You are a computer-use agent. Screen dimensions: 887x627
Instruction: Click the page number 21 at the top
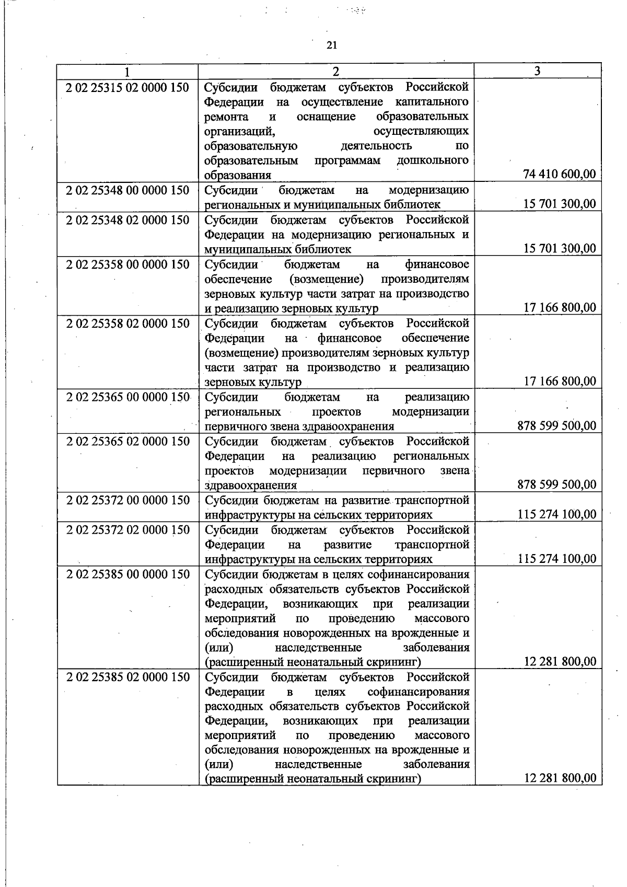[x=332, y=45]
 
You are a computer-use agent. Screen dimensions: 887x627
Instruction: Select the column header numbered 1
[x=127, y=72]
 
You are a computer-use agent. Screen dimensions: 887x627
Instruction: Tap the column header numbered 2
[x=336, y=72]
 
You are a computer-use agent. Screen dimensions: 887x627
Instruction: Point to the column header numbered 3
[x=537, y=71]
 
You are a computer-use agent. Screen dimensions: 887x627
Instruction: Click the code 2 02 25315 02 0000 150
[x=127, y=87]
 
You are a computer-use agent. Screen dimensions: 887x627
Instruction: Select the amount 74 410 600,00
[x=560, y=175]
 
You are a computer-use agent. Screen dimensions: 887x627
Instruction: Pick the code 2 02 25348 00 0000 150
[x=127, y=190]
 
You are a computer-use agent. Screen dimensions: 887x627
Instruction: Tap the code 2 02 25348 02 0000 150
[x=127, y=220]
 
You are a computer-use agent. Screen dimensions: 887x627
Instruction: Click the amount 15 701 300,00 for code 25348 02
[x=560, y=248]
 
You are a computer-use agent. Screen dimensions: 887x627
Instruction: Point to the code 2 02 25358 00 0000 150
[x=127, y=264]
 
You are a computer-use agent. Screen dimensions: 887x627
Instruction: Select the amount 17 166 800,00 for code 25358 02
[x=560, y=382]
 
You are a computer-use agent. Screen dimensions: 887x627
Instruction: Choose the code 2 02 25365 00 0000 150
[x=127, y=397]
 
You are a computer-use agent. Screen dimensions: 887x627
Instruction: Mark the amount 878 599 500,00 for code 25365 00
[x=556, y=426]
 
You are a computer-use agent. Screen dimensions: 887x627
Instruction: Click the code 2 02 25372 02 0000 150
[x=127, y=530]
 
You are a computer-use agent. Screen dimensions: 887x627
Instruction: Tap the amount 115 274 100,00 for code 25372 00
[x=556, y=515]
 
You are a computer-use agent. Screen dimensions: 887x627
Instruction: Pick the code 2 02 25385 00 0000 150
[x=127, y=574]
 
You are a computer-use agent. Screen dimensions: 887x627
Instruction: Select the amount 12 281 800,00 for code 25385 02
[x=560, y=778]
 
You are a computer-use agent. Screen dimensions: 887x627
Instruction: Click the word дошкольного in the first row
[x=432, y=160]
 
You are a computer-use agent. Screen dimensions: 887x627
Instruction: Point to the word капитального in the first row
[x=427, y=101]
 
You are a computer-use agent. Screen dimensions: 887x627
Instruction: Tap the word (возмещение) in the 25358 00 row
[x=325, y=279]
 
